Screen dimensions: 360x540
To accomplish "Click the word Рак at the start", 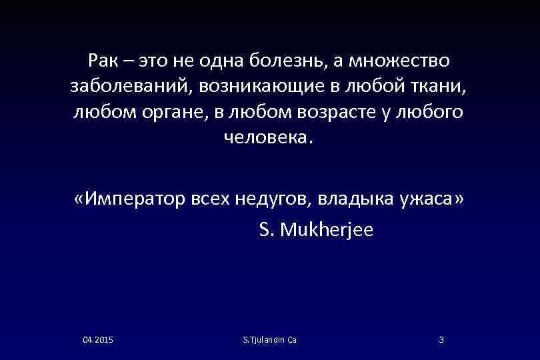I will click(103, 61).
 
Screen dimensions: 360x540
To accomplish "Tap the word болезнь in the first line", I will click(288, 61).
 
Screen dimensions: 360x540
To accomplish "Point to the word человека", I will click(268, 137).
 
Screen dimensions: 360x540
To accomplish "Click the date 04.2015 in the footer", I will click(98, 340).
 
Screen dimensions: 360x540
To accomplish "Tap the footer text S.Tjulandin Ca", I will click(271, 340).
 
